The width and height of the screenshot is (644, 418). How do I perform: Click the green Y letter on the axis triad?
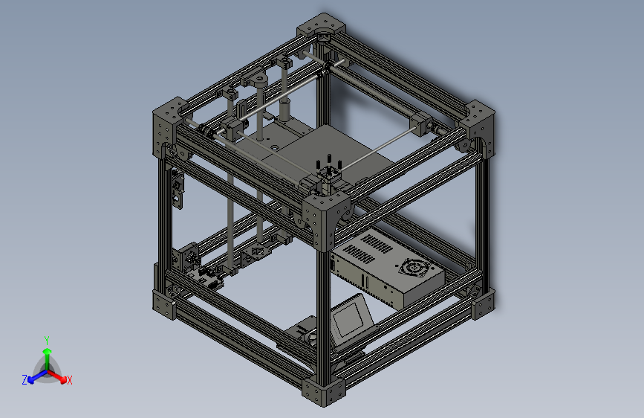[x=46, y=338]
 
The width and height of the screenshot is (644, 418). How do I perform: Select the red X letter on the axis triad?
[x=70, y=380]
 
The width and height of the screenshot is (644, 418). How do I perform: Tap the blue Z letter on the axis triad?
[x=25, y=379]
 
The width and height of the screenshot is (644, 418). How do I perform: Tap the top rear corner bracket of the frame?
[x=321, y=28]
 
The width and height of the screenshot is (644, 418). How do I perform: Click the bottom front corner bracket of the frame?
[x=324, y=390]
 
